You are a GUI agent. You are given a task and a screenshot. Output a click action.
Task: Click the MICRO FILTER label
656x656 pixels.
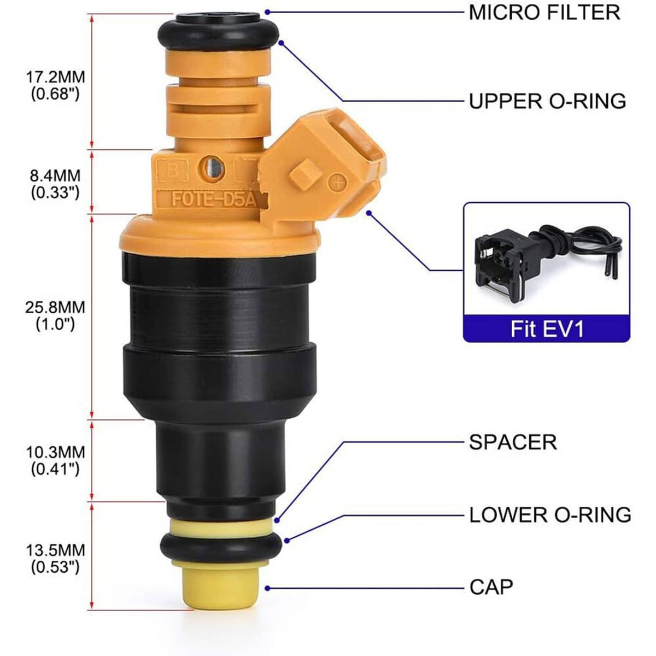(x=544, y=13)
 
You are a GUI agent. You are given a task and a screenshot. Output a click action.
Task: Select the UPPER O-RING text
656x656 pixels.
(x=547, y=101)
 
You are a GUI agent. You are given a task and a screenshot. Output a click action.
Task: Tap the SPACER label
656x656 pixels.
(x=513, y=442)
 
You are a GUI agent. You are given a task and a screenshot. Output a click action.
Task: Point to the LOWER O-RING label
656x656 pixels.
(x=550, y=515)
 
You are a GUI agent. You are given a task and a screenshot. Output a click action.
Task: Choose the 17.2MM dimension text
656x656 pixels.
(x=56, y=77)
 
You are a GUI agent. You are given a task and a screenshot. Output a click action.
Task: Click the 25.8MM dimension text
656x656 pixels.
(x=55, y=308)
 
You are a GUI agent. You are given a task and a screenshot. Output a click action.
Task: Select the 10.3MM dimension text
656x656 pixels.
(x=56, y=453)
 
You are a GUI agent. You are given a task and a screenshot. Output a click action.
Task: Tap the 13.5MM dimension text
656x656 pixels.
(x=56, y=550)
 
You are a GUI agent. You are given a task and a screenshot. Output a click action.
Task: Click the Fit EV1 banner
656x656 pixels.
(x=547, y=329)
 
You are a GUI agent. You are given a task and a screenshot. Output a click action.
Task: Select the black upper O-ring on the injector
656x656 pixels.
(x=218, y=34)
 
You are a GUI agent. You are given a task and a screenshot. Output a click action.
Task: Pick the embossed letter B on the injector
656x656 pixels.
(x=172, y=169)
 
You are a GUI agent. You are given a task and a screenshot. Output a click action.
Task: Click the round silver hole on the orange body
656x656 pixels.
(x=213, y=167)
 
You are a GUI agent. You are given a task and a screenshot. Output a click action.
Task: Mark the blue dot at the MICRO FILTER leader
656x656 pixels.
(x=267, y=12)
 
